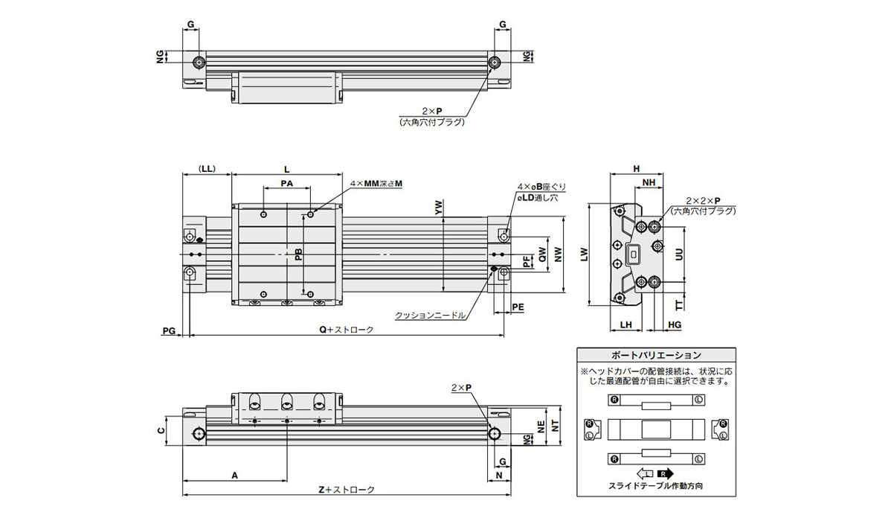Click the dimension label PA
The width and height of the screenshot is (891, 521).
pyautogui.click(x=287, y=183)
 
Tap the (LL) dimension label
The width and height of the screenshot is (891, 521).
pyautogui.click(x=207, y=169)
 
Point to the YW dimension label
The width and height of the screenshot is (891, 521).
pyautogui.click(x=438, y=208)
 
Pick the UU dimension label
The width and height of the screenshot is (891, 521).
pyautogui.click(x=679, y=254)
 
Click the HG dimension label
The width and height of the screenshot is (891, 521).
pyautogui.click(x=675, y=325)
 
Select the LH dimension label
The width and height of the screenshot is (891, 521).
pyautogui.click(x=625, y=325)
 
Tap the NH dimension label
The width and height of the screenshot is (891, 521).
pyautogui.click(x=649, y=182)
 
